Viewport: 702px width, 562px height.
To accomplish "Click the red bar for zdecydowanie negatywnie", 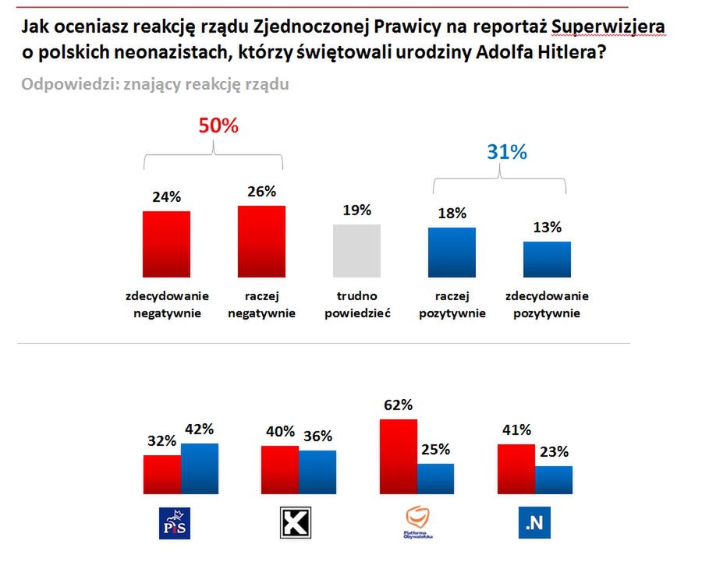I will (166, 244).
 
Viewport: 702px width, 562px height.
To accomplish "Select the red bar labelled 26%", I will (261, 242).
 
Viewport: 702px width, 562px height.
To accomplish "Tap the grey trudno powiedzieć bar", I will (356, 251).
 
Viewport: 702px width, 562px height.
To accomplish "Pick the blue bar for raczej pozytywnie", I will (452, 253).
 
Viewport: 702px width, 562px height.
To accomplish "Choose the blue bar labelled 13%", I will (547, 260).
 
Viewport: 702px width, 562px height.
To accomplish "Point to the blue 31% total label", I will (507, 153).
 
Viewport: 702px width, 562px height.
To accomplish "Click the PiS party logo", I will (174, 523).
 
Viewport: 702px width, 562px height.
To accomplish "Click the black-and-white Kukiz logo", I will (296, 523).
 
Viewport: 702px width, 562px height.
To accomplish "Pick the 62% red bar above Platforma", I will (398, 455).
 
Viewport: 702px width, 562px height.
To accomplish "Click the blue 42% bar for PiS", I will (200, 468).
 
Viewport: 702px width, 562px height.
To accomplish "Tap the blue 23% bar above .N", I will (553, 479).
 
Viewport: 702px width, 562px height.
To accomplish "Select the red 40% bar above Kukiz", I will (279, 469).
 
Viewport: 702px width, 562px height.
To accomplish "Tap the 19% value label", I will (356, 210).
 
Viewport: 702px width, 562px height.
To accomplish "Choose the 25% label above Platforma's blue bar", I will (436, 449).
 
